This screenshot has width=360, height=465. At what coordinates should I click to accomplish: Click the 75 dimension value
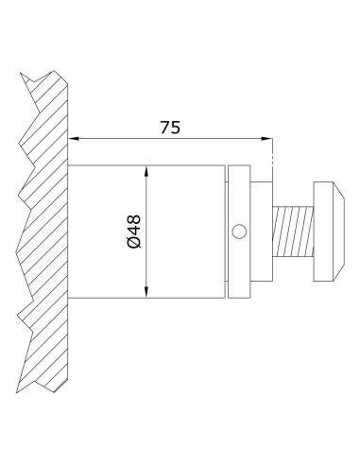(171, 127)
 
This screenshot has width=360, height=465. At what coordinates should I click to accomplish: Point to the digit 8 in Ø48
(133, 219)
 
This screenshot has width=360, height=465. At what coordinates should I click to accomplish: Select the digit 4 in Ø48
(133, 231)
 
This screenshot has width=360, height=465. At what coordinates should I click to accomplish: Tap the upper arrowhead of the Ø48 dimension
(146, 171)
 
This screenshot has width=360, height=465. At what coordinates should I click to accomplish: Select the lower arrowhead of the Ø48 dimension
(146, 292)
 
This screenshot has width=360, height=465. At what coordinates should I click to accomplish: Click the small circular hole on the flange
(239, 231)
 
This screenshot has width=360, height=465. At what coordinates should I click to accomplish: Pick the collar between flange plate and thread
(262, 232)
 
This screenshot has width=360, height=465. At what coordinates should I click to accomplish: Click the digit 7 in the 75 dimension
(164, 127)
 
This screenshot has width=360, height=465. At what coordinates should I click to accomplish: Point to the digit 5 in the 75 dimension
(177, 127)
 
